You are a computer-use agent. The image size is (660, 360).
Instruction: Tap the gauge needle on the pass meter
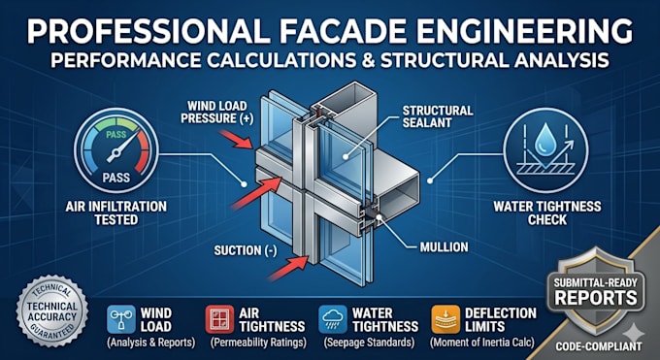click(x=121, y=147)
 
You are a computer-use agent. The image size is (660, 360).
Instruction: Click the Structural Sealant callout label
click(x=438, y=116)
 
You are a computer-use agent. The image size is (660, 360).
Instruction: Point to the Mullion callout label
click(x=444, y=247)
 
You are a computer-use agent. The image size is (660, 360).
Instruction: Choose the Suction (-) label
click(x=246, y=250)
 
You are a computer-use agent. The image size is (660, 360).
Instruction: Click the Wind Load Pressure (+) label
click(x=217, y=112)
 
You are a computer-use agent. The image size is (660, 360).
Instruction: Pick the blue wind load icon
click(x=121, y=319)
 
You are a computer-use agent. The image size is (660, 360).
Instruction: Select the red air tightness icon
click(x=219, y=319)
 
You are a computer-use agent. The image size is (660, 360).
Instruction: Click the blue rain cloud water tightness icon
click(x=333, y=319)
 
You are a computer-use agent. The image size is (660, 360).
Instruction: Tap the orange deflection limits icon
click(x=445, y=319)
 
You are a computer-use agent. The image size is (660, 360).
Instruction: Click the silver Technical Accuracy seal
click(x=52, y=311)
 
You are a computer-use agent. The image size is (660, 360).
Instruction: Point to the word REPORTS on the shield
click(x=596, y=298)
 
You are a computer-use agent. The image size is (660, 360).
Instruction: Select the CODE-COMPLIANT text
click(x=599, y=346)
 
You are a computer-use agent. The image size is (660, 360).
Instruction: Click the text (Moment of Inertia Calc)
click(x=481, y=343)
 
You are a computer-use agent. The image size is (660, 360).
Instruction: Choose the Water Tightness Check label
click(x=547, y=213)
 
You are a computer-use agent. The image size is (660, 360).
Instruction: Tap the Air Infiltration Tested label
click(x=116, y=213)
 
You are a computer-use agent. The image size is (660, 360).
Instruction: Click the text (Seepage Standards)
click(x=369, y=343)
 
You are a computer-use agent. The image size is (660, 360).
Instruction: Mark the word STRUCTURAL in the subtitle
click(x=446, y=60)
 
